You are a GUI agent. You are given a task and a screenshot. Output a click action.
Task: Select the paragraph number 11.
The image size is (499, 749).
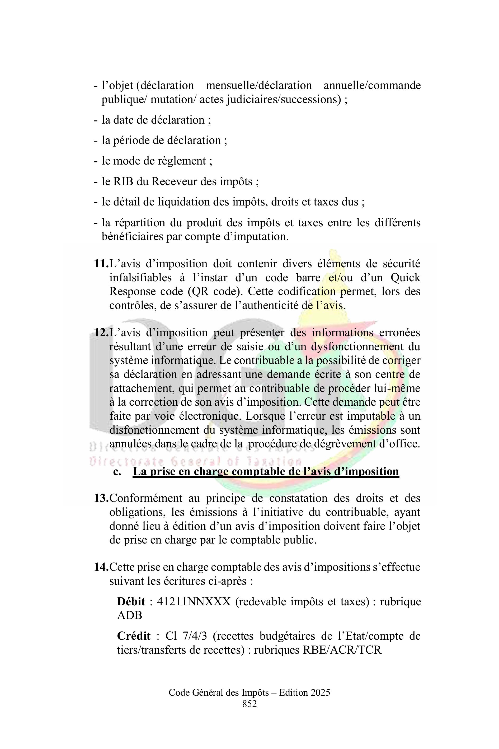pos(101,264)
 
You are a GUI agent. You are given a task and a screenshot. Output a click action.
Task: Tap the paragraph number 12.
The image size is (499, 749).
pos(101,333)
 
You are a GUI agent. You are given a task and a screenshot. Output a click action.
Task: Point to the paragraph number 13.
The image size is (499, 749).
pos(101,498)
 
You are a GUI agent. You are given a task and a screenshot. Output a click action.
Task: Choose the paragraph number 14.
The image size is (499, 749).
pos(101,567)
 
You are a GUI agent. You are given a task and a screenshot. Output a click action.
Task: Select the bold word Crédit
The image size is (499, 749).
pos(134,636)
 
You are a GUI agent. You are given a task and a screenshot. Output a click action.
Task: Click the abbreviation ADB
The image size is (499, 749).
pos(130,615)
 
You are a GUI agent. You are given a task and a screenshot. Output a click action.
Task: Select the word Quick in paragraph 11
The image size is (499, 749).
pos(405,278)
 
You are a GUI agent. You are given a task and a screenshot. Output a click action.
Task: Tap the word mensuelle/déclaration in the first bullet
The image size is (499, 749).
pos(259,85)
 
